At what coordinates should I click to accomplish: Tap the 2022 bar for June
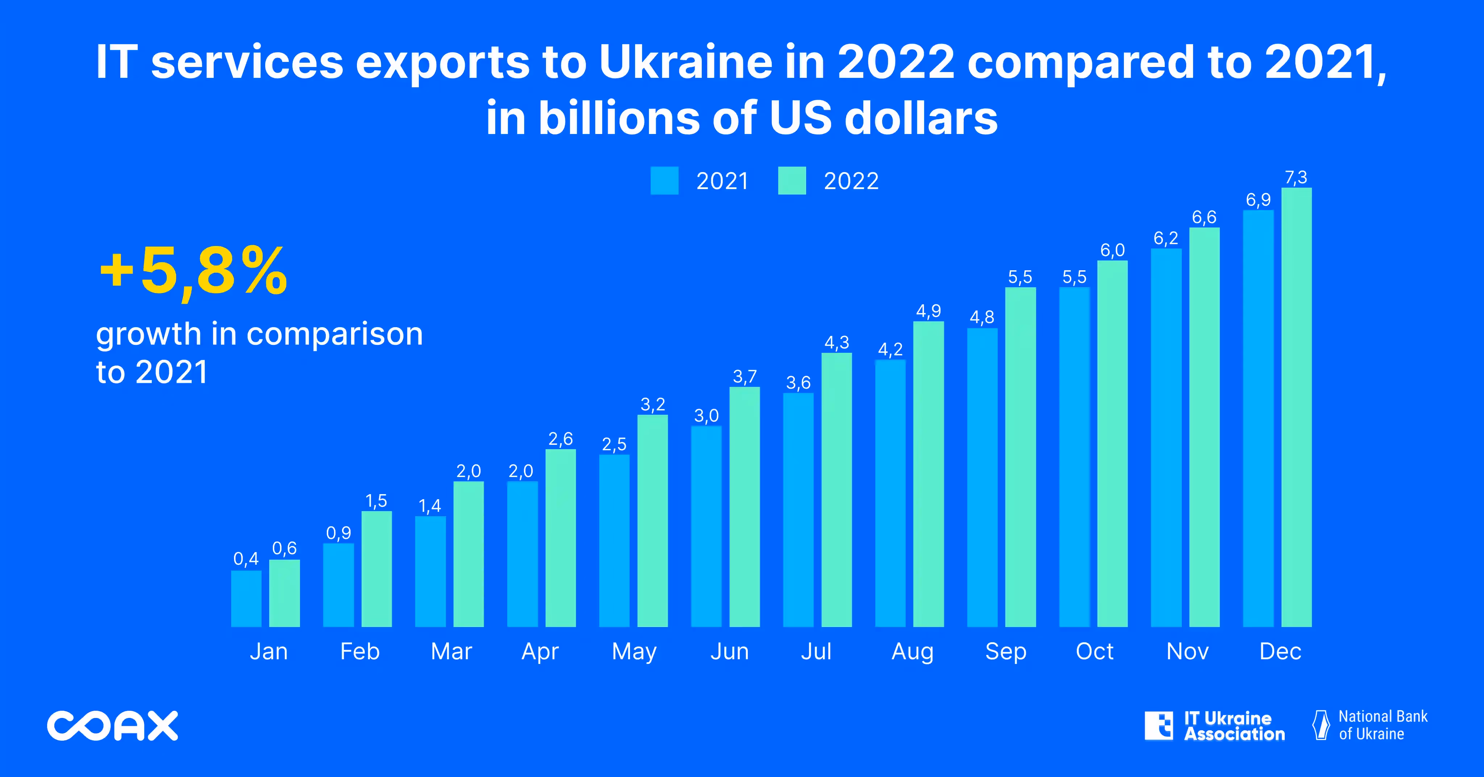pos(744,506)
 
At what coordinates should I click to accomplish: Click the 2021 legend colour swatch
pos(664,181)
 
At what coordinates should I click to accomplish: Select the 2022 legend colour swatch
pos(792,181)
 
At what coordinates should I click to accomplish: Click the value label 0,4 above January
pos(246,559)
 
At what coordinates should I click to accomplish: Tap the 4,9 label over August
pos(928,312)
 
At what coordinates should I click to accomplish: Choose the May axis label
pos(634,651)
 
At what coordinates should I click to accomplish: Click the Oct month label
pos(1094,651)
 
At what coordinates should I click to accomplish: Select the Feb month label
pos(359,651)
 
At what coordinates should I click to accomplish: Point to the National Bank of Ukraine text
pos(1382,725)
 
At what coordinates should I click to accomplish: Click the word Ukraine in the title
pos(685,62)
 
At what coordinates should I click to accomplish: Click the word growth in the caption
pos(148,334)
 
